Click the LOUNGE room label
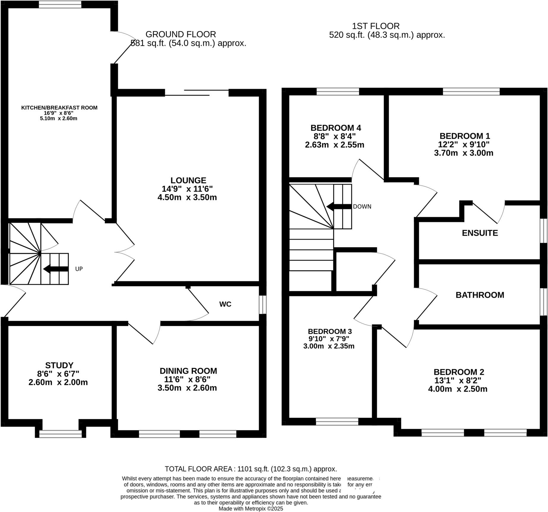188,180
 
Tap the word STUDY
59,365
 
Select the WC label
225,304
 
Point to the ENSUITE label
480,233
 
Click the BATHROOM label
480,295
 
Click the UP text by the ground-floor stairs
79,269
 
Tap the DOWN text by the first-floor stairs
362,206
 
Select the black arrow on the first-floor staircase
338,206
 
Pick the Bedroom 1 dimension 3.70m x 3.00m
464,153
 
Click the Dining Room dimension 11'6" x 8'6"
187,379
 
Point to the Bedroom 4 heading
336,128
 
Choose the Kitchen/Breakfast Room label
59,108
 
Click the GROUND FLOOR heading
180,34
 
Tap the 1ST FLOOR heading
376,26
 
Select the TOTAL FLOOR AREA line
251,469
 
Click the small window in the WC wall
262,304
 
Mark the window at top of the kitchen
60,4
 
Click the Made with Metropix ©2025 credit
251,509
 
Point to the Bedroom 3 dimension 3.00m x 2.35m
329,346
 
